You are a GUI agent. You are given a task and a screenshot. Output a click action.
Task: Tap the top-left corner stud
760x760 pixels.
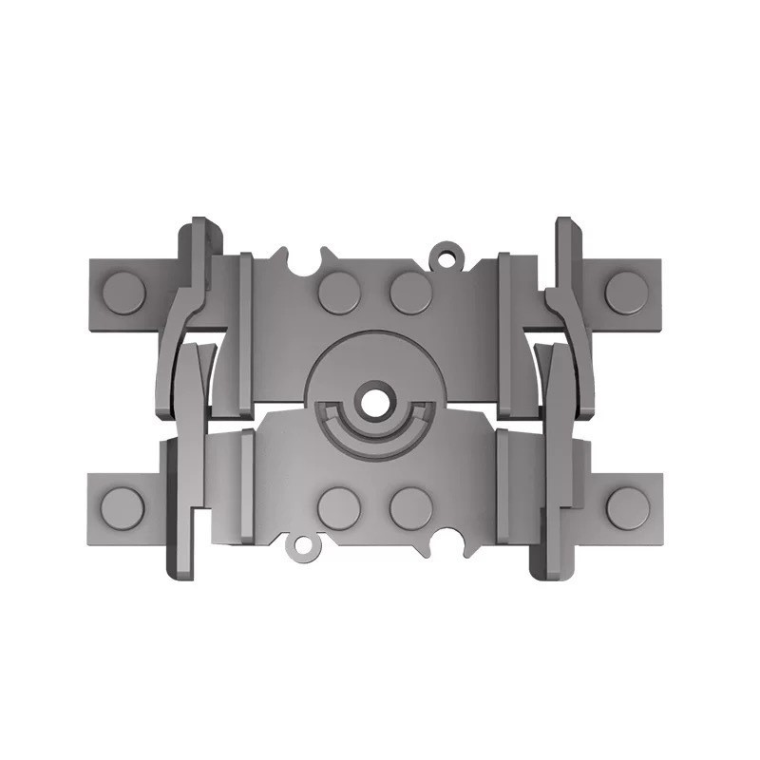click(x=123, y=293)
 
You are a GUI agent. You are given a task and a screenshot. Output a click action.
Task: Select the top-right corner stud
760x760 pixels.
click(x=626, y=293)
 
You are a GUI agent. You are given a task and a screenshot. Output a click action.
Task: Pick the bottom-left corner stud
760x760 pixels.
click(x=123, y=508)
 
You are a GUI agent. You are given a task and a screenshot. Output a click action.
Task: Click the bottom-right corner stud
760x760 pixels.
click(x=627, y=508)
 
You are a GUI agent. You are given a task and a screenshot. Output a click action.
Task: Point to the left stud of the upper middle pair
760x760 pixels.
click(x=339, y=293)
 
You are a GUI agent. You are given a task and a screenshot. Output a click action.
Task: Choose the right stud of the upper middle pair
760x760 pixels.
click(x=410, y=293)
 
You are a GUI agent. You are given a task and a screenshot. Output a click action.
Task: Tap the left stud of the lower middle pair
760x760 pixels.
click(x=339, y=507)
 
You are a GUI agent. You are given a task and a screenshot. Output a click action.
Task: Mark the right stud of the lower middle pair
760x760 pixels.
click(x=410, y=507)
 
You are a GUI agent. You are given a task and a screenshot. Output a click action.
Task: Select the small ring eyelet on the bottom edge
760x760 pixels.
click(x=302, y=546)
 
